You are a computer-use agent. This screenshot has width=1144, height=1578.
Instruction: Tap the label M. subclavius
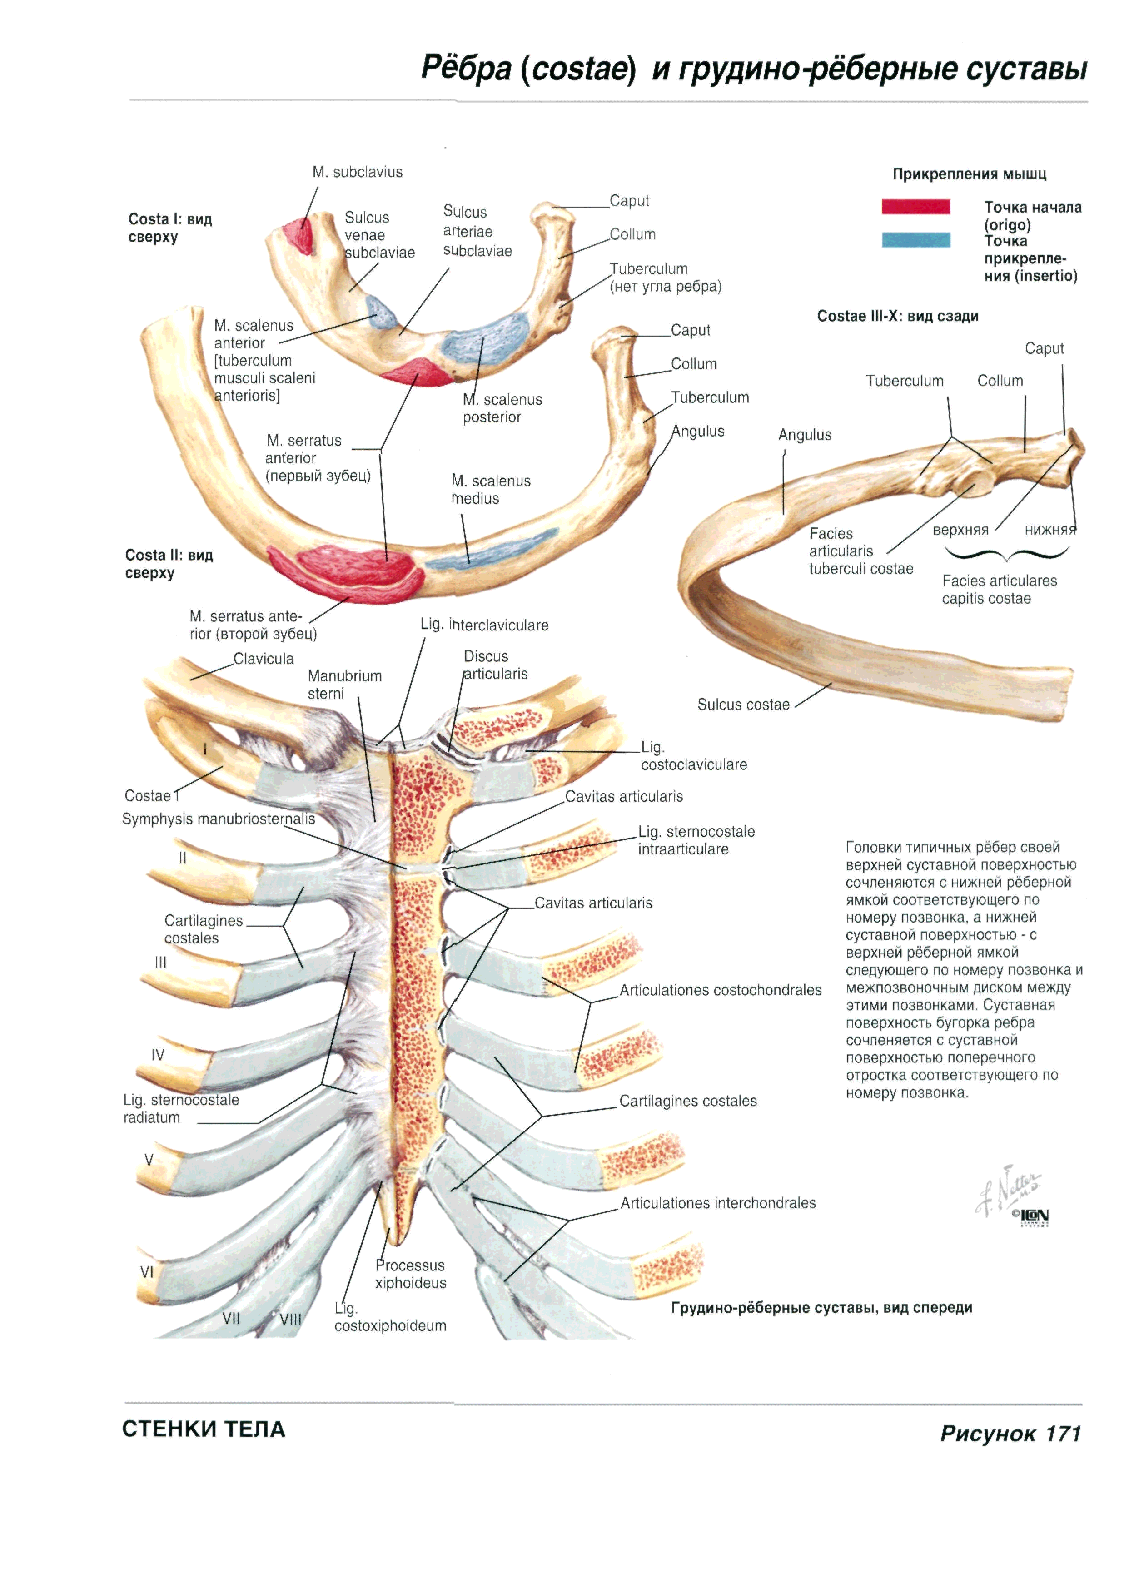pos(357,172)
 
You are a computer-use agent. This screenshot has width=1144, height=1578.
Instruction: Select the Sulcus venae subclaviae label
pos(379,235)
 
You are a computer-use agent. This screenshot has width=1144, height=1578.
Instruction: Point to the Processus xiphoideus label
pos(411,1274)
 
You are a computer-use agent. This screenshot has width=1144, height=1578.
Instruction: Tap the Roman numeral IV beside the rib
pos(158,1055)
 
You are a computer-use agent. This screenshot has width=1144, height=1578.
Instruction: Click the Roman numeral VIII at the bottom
pos(290,1319)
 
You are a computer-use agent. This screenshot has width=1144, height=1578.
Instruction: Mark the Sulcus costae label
pos(743,705)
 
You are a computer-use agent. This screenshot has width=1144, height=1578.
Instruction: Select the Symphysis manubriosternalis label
pos(219,819)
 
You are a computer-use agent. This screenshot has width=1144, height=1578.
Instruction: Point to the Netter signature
pos(1006,1191)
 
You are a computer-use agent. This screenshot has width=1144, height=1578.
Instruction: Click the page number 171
pos(1063,1434)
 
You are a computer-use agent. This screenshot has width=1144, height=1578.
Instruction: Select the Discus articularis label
pos(495,665)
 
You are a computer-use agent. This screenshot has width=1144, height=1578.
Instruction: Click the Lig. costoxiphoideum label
pos(390,1317)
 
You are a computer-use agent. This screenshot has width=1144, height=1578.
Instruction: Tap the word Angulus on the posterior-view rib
pos(805,435)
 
